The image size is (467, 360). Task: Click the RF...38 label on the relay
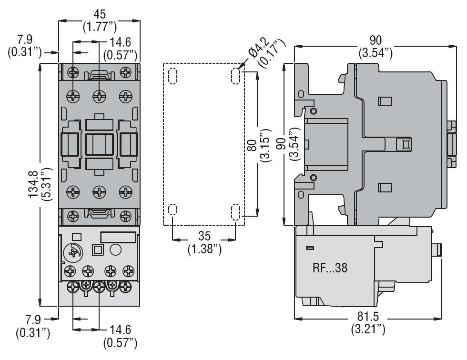[330, 268]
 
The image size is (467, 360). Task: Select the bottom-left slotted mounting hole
[173, 210]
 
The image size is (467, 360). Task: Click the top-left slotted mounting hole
[173, 75]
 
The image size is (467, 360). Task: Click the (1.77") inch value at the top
[100, 25]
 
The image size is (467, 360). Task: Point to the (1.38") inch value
[204, 250]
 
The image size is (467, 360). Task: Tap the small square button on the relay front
[98, 249]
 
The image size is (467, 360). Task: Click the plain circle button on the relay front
[116, 250]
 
